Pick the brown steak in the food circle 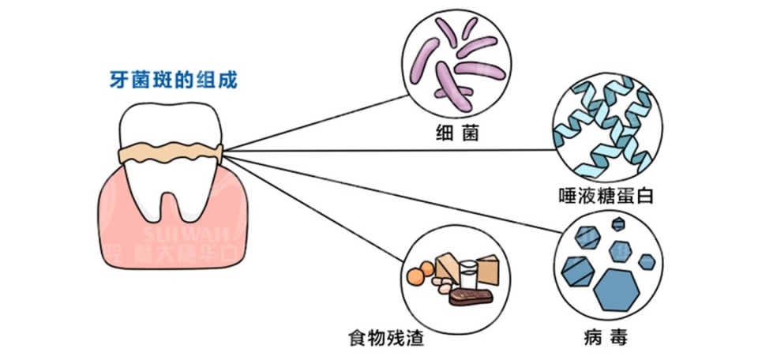(470, 297)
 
